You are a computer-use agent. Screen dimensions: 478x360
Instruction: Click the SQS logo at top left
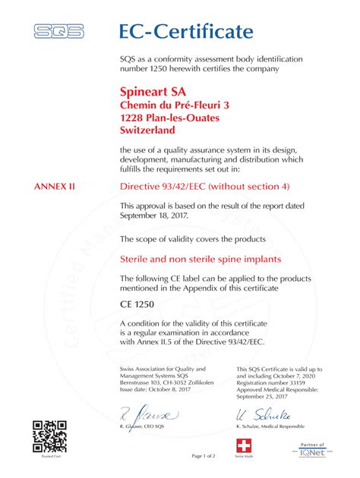tap(58, 32)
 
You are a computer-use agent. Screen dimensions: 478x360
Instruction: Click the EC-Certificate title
tap(185, 31)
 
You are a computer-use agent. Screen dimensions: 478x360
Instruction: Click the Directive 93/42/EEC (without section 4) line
tap(205, 185)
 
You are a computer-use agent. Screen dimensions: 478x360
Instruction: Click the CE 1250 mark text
tap(137, 303)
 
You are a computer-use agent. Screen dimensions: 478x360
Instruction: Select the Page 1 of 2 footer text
tap(204, 455)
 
